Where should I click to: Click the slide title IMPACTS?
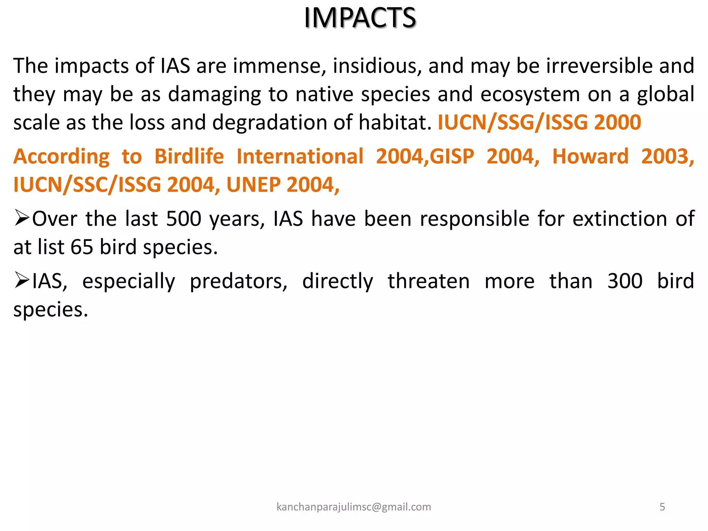pyautogui.click(x=360, y=18)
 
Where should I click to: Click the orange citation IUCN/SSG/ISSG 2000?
pyautogui.click(x=539, y=122)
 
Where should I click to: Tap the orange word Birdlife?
pyautogui.click(x=189, y=156)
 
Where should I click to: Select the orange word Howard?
pyautogui.click(x=590, y=156)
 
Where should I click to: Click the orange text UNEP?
pyautogui.click(x=253, y=185)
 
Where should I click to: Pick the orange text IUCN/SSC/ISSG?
pyautogui.click(x=87, y=185)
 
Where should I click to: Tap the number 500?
pyautogui.click(x=184, y=219)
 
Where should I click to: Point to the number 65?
pyautogui.click(x=82, y=247)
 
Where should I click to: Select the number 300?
pyautogui.click(x=625, y=281)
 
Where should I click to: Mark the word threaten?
pyautogui.click(x=428, y=281)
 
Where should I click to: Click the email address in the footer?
pyautogui.click(x=354, y=507)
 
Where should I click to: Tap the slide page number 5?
pyautogui.click(x=662, y=507)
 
